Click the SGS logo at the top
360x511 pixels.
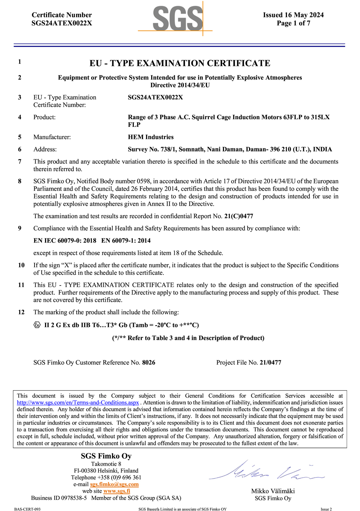(x=177, y=19)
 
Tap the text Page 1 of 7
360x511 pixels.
(x=293, y=23)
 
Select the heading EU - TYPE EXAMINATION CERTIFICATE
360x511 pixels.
(x=180, y=63)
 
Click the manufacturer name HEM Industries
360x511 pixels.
(x=150, y=137)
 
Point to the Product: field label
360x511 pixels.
(x=45, y=117)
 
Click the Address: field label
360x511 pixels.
(x=45, y=149)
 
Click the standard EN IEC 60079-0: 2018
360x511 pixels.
(x=65, y=241)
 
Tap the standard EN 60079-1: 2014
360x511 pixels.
(x=126, y=241)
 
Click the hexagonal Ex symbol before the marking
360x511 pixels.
(x=37, y=325)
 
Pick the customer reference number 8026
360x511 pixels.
(x=149, y=362)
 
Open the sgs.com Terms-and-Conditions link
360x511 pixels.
(x=78, y=403)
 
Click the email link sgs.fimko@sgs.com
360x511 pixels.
(x=114, y=484)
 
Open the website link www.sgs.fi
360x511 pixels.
(x=117, y=491)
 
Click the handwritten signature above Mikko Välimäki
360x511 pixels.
(x=266, y=472)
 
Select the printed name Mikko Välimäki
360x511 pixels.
(x=273, y=491)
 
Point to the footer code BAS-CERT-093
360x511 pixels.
(x=27, y=509)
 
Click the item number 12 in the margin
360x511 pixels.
(x=21, y=312)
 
